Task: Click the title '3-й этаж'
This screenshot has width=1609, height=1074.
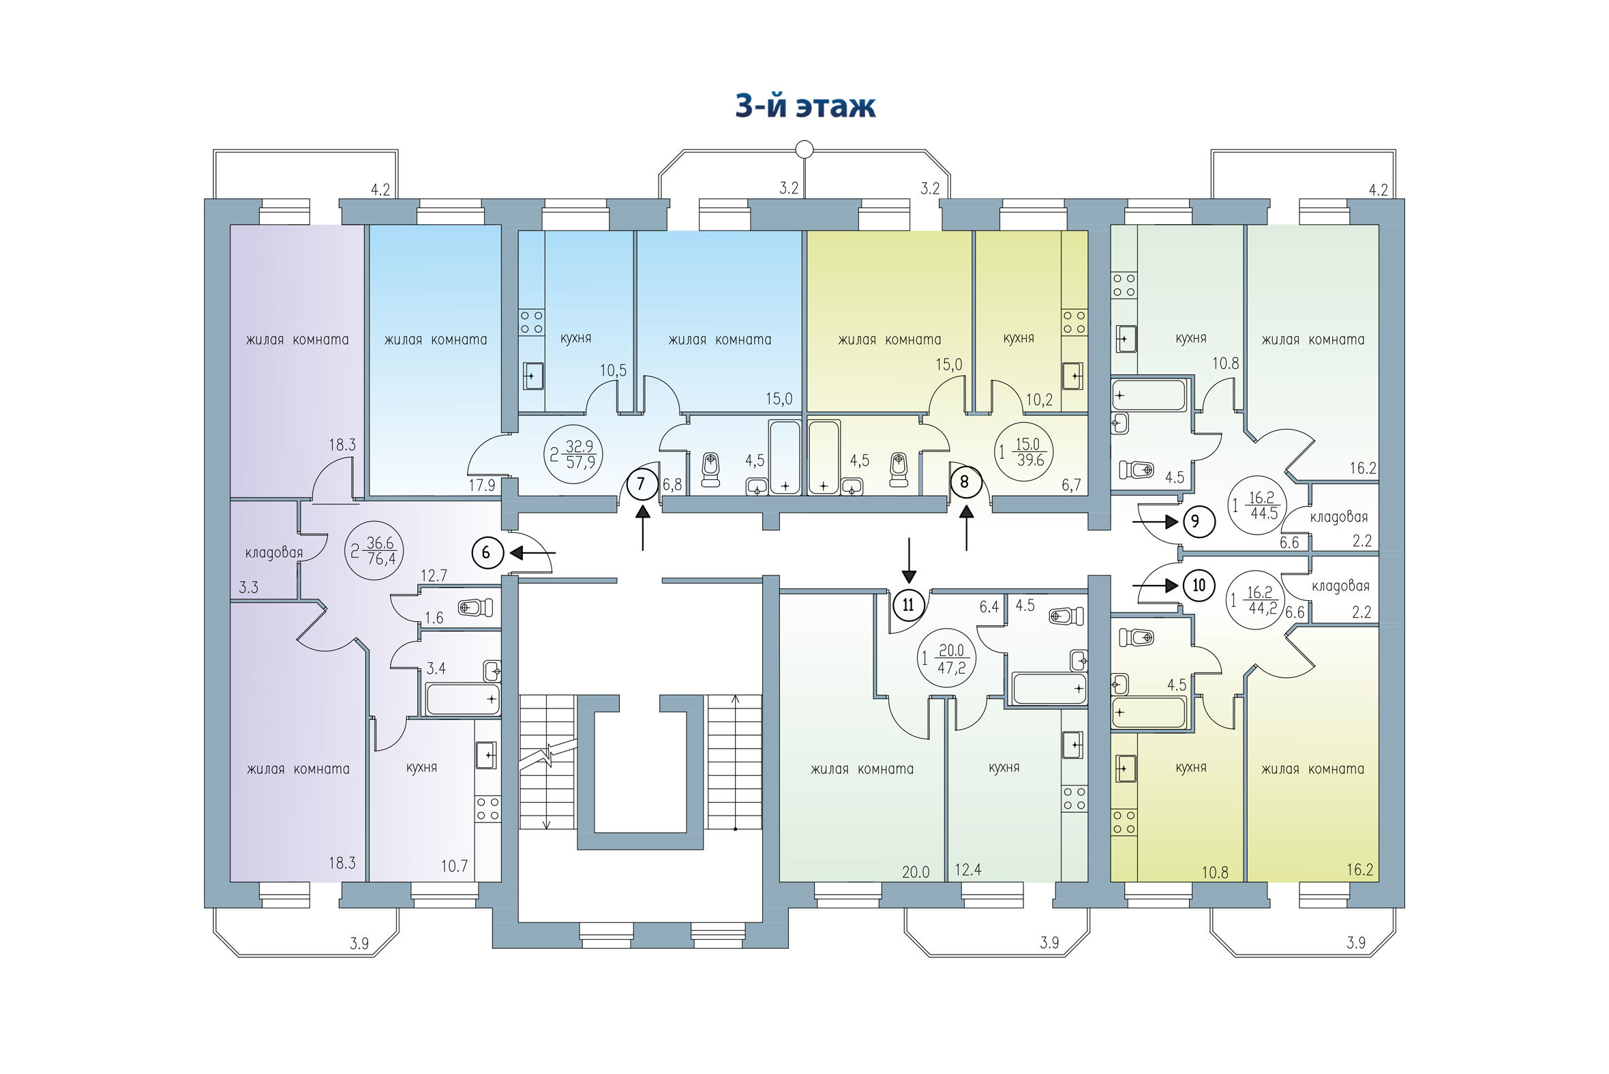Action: (x=805, y=106)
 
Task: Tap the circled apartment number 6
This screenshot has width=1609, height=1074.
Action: (x=487, y=552)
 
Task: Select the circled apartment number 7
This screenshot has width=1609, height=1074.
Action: (x=641, y=484)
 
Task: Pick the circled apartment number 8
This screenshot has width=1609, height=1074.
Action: (x=965, y=481)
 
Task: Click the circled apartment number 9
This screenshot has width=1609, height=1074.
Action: (x=1195, y=522)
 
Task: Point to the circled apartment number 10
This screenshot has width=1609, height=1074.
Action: (x=1199, y=586)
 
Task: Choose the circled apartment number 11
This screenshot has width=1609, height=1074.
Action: (x=909, y=605)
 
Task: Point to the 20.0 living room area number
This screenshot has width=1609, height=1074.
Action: (x=916, y=872)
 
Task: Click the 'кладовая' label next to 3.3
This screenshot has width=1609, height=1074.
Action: (x=274, y=553)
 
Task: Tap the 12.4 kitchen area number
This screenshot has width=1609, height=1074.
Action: (x=968, y=870)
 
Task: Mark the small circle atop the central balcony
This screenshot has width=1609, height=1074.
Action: (x=805, y=149)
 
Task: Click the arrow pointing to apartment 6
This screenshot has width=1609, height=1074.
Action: (x=533, y=552)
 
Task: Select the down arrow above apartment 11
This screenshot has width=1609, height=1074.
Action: (x=909, y=561)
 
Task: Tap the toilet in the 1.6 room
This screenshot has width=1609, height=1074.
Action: (x=475, y=607)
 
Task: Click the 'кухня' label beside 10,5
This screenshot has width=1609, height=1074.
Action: (x=575, y=338)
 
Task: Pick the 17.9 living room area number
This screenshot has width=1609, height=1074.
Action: (x=482, y=486)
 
